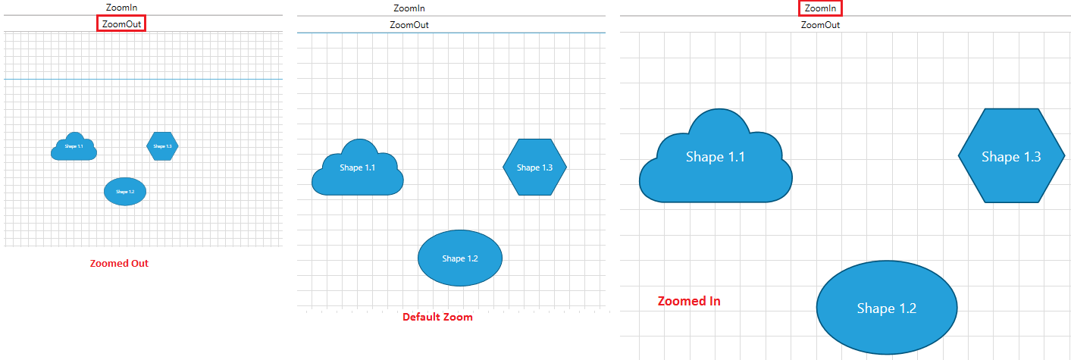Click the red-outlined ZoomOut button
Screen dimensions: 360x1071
coord(121,23)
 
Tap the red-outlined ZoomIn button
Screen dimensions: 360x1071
coord(820,8)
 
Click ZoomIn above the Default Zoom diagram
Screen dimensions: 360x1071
coord(409,8)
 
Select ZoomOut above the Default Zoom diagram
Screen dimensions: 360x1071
coord(409,25)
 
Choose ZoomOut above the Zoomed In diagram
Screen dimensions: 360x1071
coord(820,25)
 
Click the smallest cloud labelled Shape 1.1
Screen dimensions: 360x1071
coord(74,147)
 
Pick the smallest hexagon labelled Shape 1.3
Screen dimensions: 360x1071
coord(162,146)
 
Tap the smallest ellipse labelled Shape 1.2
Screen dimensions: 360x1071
coord(125,192)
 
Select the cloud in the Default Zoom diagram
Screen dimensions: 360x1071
coord(358,171)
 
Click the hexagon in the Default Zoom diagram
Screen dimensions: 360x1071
coord(534,167)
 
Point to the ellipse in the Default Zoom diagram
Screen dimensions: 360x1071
coord(460,258)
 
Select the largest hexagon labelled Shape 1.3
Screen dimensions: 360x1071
coord(1011,156)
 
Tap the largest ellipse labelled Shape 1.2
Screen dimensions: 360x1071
coord(886,308)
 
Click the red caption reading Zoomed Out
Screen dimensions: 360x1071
coord(119,264)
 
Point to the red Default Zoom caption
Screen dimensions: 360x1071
coord(437,317)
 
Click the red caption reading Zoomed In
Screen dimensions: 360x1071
coord(688,301)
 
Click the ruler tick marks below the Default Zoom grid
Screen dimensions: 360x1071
coord(455,310)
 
